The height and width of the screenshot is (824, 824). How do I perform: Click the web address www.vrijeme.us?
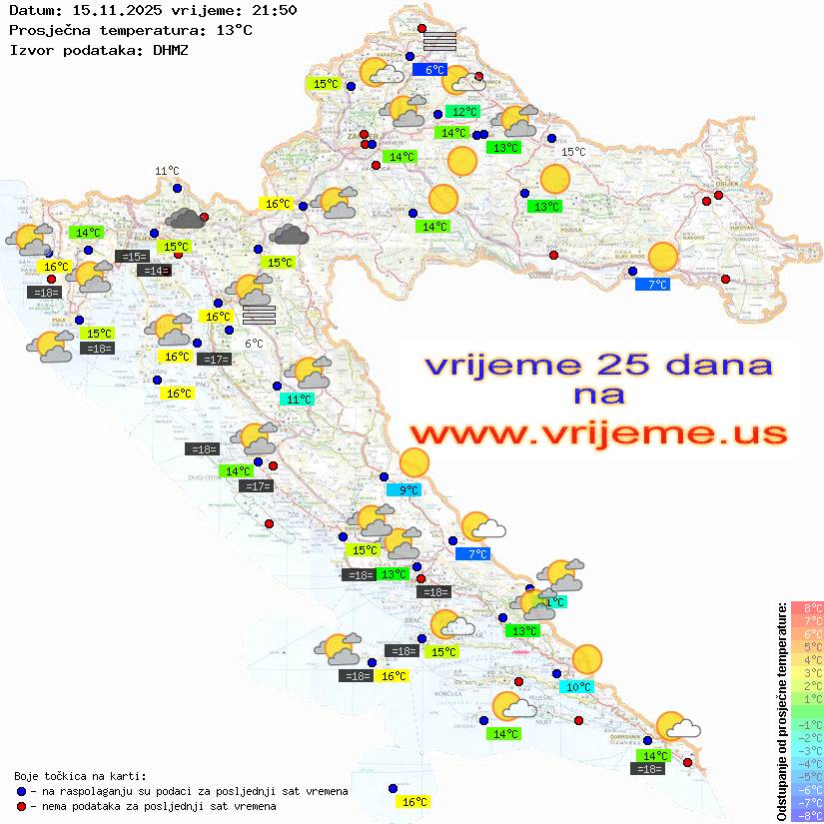(x=598, y=433)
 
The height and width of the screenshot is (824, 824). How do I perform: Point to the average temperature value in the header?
(x=234, y=30)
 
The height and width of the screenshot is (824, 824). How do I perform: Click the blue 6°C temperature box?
(x=434, y=70)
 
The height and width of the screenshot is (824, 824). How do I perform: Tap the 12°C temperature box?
(x=464, y=112)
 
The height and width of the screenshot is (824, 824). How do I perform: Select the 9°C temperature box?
(x=409, y=489)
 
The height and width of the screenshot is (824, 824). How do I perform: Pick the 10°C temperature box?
(x=578, y=687)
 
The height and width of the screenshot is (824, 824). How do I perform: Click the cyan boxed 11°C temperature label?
(x=299, y=399)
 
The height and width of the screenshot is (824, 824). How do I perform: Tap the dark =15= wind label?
(x=133, y=257)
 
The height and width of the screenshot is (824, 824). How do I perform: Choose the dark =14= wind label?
(x=154, y=271)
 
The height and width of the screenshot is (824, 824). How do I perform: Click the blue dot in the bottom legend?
(x=21, y=791)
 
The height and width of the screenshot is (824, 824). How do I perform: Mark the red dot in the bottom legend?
(x=21, y=806)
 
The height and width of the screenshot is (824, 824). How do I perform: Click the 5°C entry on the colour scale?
(x=807, y=646)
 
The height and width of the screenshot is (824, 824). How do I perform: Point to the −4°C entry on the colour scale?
(x=807, y=763)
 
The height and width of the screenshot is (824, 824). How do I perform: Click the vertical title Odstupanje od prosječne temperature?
(x=781, y=712)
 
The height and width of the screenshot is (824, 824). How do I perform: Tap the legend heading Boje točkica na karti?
(x=80, y=776)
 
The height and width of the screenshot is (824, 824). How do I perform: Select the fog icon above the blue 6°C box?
(x=439, y=41)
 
